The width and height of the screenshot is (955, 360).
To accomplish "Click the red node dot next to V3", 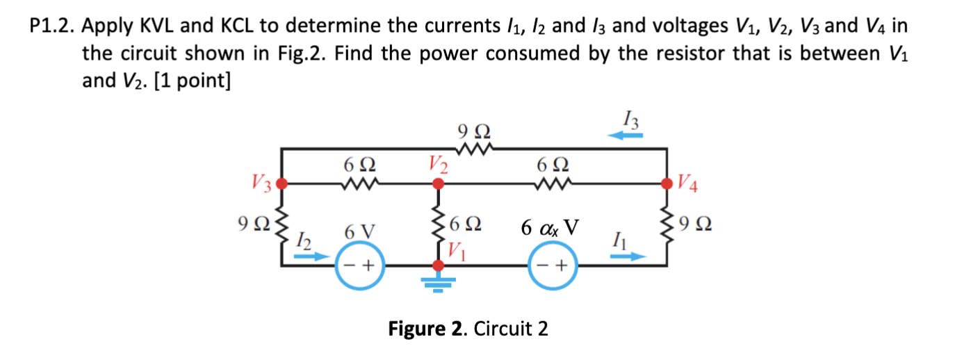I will (x=281, y=184).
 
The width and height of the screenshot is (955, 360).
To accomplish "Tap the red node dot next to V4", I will (x=668, y=184).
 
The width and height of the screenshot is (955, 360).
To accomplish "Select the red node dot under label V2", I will (x=438, y=184).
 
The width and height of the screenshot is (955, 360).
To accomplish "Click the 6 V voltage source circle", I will (x=359, y=265).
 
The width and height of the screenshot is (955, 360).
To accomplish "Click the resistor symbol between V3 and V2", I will (x=360, y=184).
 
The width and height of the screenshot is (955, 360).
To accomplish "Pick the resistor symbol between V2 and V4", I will (x=554, y=184).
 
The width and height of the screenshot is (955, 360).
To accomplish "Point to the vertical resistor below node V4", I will (x=668, y=224).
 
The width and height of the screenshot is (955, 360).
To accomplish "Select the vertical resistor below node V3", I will (x=281, y=224).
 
